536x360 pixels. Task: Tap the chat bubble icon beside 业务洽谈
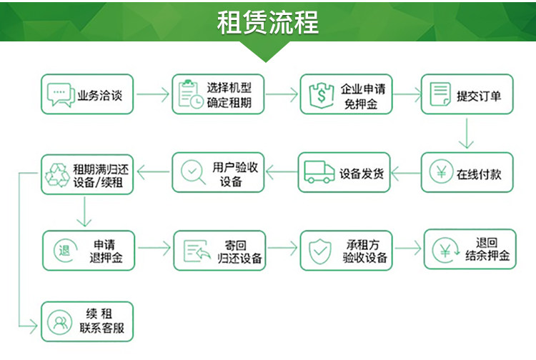(60, 94)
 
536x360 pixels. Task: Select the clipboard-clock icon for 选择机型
(189, 94)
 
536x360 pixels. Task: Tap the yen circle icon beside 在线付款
(440, 173)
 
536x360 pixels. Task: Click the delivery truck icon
(319, 172)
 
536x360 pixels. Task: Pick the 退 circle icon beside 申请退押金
(64, 250)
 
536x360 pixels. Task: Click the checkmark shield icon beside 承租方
(319, 251)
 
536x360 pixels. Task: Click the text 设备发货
(362, 173)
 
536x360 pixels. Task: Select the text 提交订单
(484, 95)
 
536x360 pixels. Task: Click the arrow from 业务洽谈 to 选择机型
(152, 94)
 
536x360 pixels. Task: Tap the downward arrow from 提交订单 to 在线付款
(467, 133)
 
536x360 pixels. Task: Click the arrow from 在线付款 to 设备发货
(405, 173)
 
